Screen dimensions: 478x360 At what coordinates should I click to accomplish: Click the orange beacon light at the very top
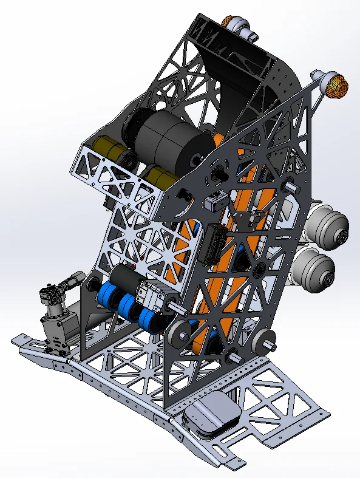pos(238,25)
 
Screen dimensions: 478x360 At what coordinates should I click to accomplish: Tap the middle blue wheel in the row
pos(128,307)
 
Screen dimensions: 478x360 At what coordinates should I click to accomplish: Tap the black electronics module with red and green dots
pos(215,244)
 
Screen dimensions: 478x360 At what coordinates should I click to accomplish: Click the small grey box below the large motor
pos(214,201)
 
